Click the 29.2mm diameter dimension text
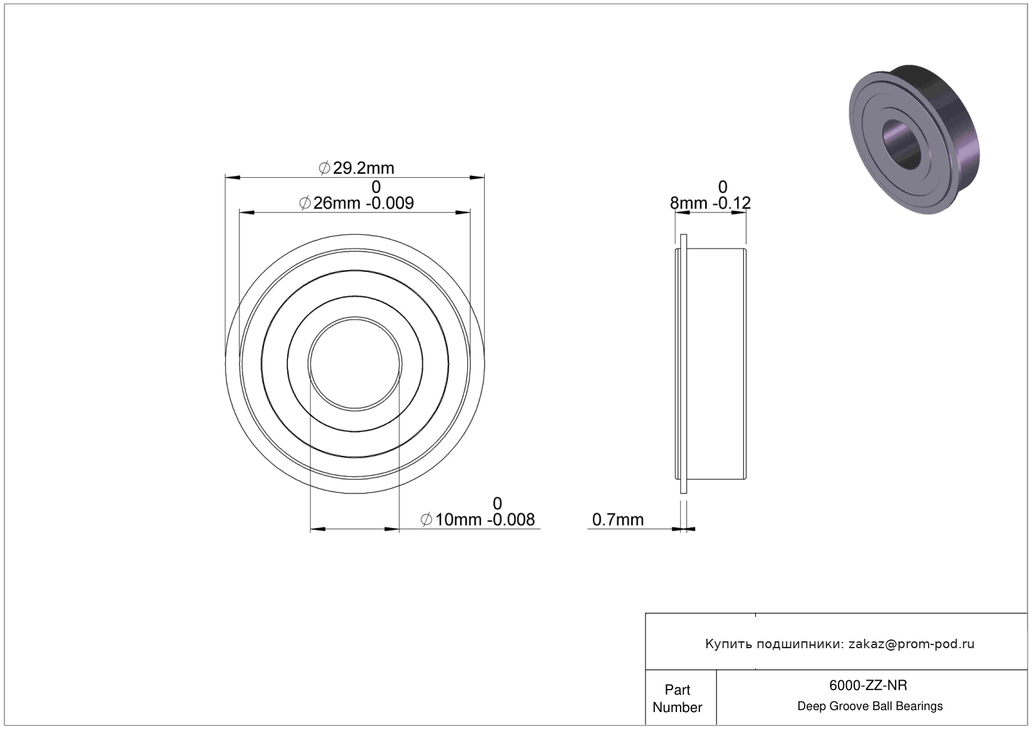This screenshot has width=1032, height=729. [x=363, y=168]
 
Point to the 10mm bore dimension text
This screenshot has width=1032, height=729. [x=458, y=520]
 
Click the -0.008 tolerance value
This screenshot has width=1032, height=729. [x=511, y=520]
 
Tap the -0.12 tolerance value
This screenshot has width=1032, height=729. [x=731, y=203]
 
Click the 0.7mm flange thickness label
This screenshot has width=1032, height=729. [x=617, y=520]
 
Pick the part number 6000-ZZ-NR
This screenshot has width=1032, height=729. [x=868, y=686]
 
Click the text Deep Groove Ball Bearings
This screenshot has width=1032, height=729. [x=870, y=706]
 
